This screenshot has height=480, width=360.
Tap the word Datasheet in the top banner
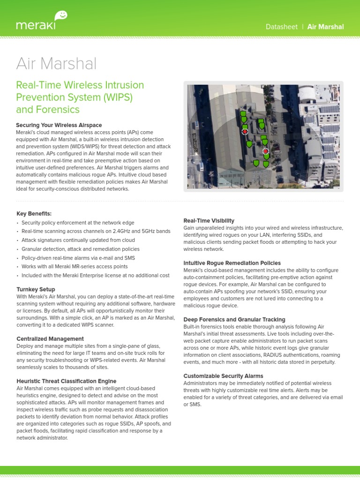tap(281, 27)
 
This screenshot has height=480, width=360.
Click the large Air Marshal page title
tap(56, 63)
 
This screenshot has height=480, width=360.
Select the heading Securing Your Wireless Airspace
tap(59, 125)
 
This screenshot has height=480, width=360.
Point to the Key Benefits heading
tap(34, 213)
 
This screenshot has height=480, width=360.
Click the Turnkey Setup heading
tap(36, 289)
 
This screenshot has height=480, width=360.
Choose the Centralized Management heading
tap(50, 338)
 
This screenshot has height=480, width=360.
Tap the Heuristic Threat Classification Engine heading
tap(66, 381)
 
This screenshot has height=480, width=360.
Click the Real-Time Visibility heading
tap(209, 220)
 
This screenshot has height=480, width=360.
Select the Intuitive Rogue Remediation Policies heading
tap(232, 263)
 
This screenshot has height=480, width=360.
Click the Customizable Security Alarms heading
tap(223, 376)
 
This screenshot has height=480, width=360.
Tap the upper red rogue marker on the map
tap(245, 132)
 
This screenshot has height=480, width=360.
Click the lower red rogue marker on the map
tap(265, 151)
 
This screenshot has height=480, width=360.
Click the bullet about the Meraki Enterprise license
tap(95, 275)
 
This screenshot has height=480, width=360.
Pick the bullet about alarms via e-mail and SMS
tap(78, 258)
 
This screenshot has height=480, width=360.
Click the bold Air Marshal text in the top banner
tap(325, 27)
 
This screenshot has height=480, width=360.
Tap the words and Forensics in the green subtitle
tap(48, 110)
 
